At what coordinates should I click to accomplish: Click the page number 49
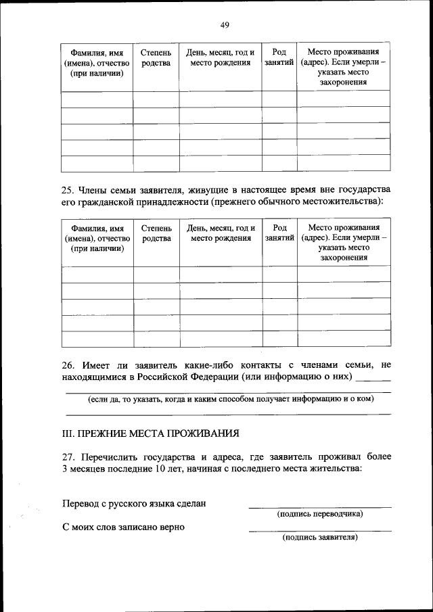(225, 25)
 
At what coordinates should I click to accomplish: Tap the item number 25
(68, 190)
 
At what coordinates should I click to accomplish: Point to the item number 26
(68, 365)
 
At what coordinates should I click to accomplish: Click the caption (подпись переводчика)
(319, 514)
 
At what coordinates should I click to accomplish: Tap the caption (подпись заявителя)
(319, 538)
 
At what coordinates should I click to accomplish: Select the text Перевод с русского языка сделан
(133, 503)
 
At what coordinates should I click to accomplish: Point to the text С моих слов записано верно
(123, 527)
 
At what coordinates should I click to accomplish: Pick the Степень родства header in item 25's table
(156, 233)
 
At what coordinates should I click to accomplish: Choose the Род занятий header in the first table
(279, 57)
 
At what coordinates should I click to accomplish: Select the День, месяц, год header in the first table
(221, 57)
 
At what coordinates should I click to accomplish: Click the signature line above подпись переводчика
(319, 507)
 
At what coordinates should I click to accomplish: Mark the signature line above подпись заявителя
(319, 530)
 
